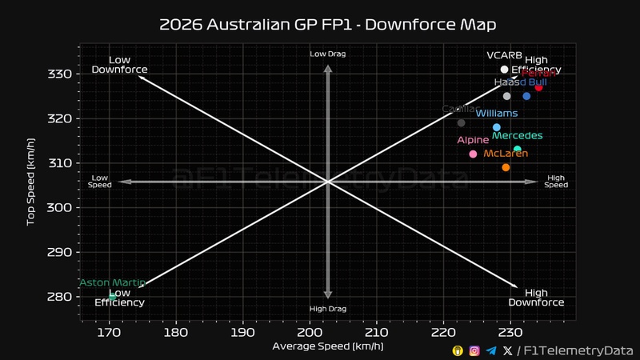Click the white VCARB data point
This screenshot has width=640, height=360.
tap(504, 70)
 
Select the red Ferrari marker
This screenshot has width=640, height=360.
tap(539, 87)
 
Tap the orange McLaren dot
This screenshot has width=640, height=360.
tap(506, 167)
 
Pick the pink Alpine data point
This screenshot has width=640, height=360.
tap(473, 154)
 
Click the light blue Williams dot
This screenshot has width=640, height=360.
tap(497, 127)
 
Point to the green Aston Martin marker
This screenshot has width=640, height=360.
tap(113, 296)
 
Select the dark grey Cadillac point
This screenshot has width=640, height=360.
tap(461, 122)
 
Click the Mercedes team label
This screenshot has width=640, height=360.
tap(518, 136)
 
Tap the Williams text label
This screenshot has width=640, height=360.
tap(497, 114)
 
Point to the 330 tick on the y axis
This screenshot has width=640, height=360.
tap(62, 74)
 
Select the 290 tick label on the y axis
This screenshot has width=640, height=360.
tap(62, 252)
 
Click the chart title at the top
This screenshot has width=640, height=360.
tap(327, 24)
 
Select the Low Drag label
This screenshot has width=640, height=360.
tap(327, 54)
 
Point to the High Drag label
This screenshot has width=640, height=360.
tap(327, 309)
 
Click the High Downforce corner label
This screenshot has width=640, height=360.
tap(537, 298)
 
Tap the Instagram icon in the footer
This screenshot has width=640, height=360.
tap(474, 350)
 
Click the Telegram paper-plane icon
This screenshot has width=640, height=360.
tap(491, 350)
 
